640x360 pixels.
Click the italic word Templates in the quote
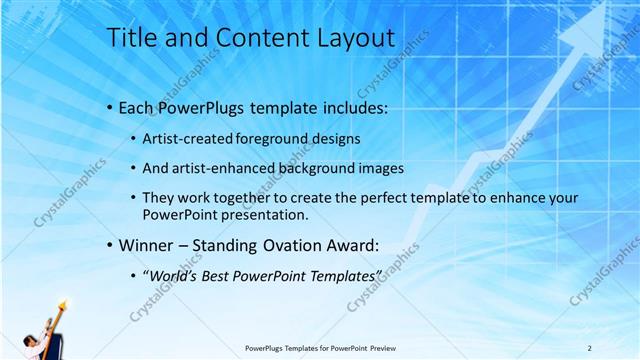[x=346, y=276]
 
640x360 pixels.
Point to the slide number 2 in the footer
[x=590, y=347]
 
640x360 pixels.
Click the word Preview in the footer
[x=392, y=347]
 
